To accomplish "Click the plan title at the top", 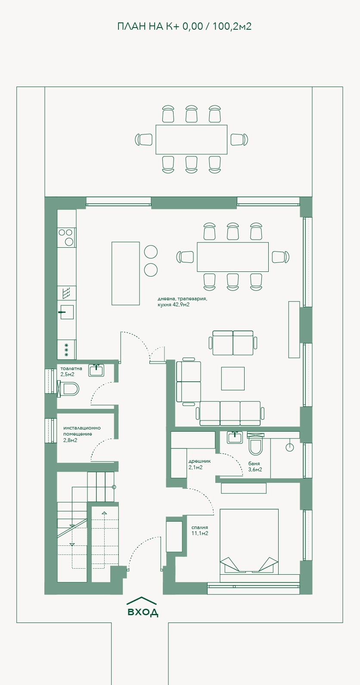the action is coord(184,26).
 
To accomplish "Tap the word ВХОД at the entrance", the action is coord(143,612).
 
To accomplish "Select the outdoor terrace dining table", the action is coord(191,140).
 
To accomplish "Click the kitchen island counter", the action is coord(126,274).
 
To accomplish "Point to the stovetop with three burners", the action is coord(67,237).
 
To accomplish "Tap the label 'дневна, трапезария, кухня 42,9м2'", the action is coord(183,302).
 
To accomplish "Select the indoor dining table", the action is coord(233,257).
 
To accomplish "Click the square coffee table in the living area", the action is coord(233,379).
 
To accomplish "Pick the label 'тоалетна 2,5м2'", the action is coord(71,371).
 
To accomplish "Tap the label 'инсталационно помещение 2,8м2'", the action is coord(82,434).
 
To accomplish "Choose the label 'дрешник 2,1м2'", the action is coord(199,464).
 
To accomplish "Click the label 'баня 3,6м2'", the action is coord(255,467).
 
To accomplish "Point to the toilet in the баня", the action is coord(255,444).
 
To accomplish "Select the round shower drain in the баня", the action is coord(290,447).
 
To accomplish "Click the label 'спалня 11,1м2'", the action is coord(200,530).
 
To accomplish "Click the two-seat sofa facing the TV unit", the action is coord(233,343).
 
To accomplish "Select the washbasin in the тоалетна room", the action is coord(96,370).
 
